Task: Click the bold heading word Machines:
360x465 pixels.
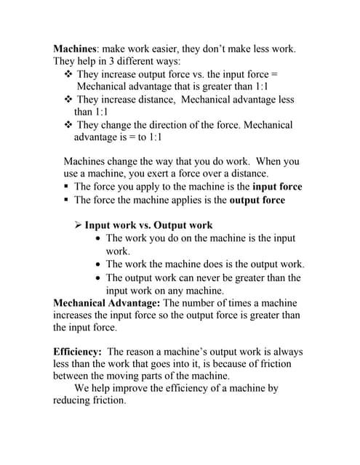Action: point(77,49)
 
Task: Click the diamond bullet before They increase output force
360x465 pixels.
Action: point(68,74)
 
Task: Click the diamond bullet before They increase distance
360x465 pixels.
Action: point(68,100)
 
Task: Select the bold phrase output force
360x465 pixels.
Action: point(257,200)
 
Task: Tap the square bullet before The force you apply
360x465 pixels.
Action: point(66,187)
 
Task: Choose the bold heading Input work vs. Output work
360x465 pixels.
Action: point(148,225)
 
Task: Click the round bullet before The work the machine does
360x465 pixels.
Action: point(98,264)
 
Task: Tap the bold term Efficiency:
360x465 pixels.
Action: point(77,352)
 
